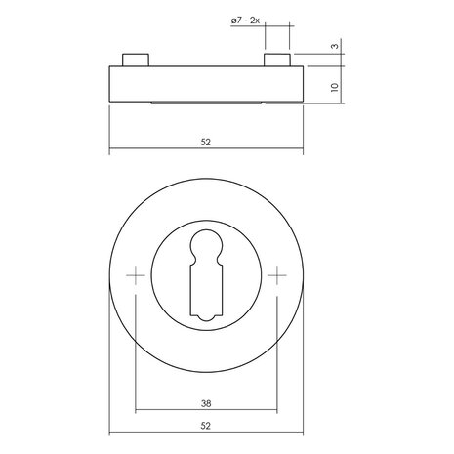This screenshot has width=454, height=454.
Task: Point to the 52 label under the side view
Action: pos(206,142)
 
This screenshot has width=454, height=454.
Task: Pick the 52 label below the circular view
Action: pos(206,425)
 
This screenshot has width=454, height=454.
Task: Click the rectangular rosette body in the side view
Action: pos(206,83)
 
